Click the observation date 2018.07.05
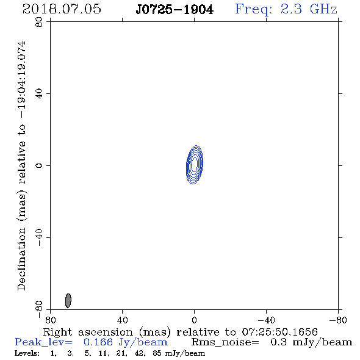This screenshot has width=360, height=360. point(62,9)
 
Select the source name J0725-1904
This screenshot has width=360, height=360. point(175,10)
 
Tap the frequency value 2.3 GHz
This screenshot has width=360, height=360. point(309,9)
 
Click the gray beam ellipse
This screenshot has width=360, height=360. point(68,301)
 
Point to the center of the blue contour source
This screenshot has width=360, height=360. point(195,165)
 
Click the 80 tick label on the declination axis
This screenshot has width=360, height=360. point(39,22)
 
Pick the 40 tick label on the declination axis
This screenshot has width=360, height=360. point(39,94)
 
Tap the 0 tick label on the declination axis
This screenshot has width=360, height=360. point(39,165)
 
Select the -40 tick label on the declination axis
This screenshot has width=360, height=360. point(39,237)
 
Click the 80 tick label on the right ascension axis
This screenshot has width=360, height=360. point(50,320)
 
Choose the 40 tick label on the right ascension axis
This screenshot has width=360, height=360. point(122,320)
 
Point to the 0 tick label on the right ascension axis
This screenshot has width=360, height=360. point(194,320)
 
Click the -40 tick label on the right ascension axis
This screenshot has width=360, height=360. point(266,320)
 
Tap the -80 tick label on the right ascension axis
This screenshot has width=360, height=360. point(338,320)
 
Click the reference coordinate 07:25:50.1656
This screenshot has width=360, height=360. point(279,332)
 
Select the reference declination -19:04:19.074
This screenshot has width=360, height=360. point(22,80)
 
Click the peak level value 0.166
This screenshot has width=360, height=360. point(98,342)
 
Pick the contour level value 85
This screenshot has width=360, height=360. point(157,353)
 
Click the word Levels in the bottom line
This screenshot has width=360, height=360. point(27,353)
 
